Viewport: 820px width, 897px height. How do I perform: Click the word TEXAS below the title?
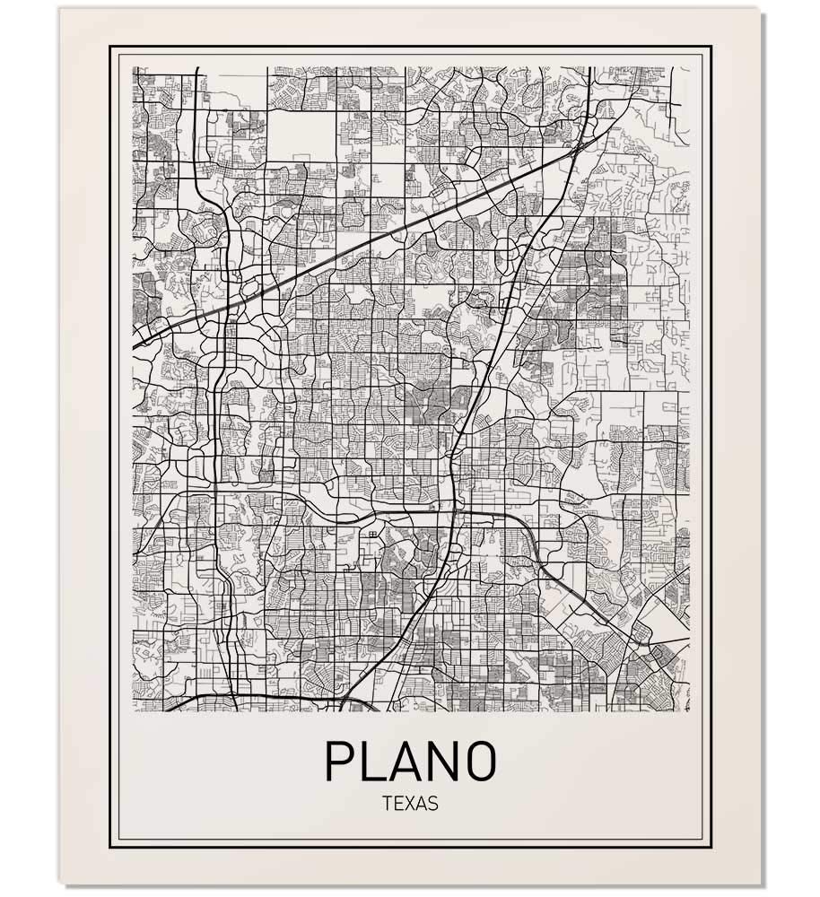click(x=410, y=804)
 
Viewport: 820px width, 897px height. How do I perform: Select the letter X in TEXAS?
click(x=409, y=804)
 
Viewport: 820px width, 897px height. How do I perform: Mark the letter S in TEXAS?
click(x=433, y=804)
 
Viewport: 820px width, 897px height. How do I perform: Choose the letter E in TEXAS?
click(x=397, y=804)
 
